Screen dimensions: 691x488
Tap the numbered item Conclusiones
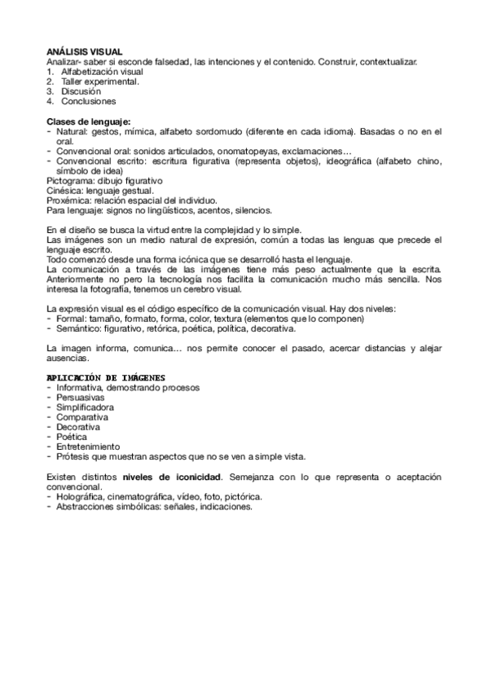tap(88, 102)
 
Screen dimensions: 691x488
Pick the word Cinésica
tap(65, 190)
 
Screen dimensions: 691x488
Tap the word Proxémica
tap(70, 200)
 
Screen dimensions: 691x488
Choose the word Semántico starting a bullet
tap(81, 328)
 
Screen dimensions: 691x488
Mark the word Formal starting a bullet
tap(71, 319)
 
